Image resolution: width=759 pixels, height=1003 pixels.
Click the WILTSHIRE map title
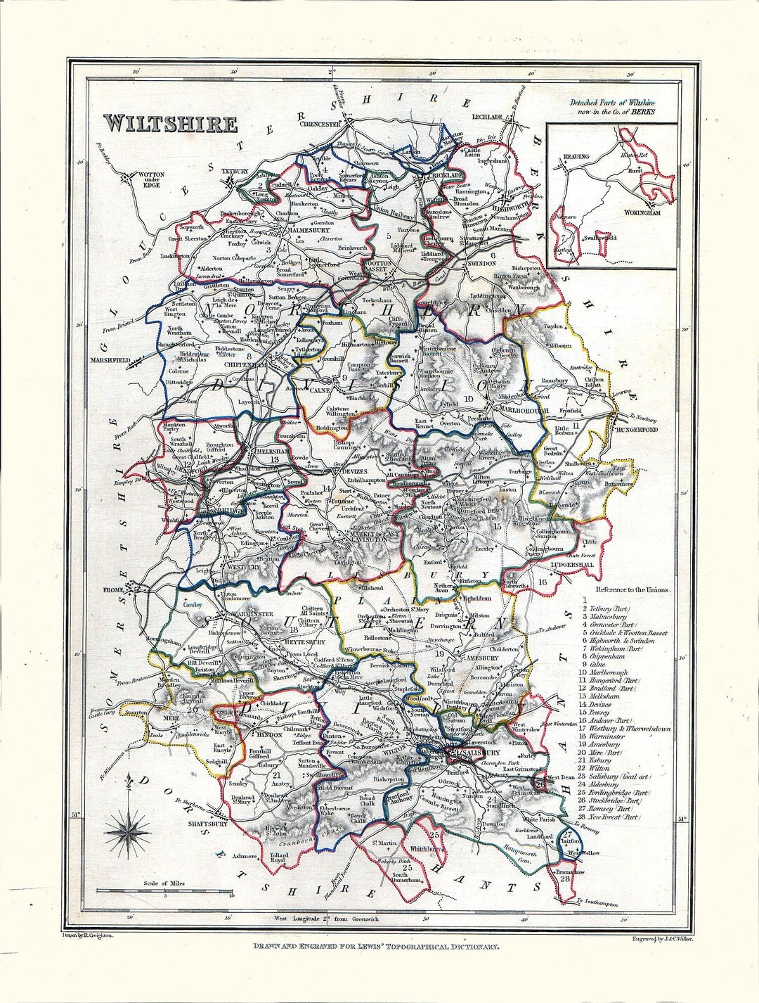pyautogui.click(x=171, y=124)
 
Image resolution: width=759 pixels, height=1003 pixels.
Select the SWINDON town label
pyautogui.click(x=482, y=262)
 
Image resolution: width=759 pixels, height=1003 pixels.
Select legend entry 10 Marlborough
pyautogui.click(x=609, y=673)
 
